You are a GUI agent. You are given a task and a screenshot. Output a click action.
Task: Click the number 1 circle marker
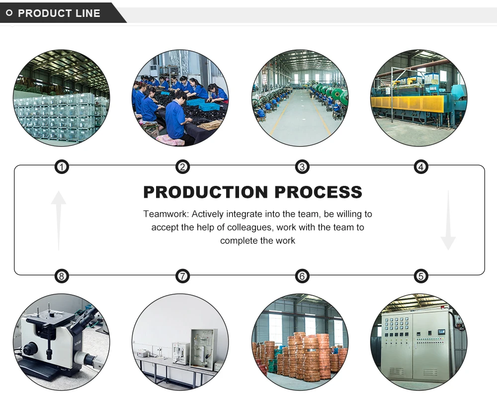point(61,167)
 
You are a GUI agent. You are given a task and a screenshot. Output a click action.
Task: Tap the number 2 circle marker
point(183,167)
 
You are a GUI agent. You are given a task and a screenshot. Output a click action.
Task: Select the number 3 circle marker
point(302,167)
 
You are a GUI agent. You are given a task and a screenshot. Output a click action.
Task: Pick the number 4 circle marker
point(421,167)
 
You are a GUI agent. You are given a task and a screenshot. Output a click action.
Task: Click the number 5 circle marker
point(421,276)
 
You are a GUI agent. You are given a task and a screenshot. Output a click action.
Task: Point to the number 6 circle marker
point(302,276)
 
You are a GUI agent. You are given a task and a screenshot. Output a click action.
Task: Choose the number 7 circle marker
point(183,276)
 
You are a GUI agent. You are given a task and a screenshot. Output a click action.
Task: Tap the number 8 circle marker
point(61,276)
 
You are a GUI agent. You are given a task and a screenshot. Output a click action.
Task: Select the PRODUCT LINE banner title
point(59,13)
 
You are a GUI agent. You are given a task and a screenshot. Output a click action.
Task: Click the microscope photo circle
point(61,342)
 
